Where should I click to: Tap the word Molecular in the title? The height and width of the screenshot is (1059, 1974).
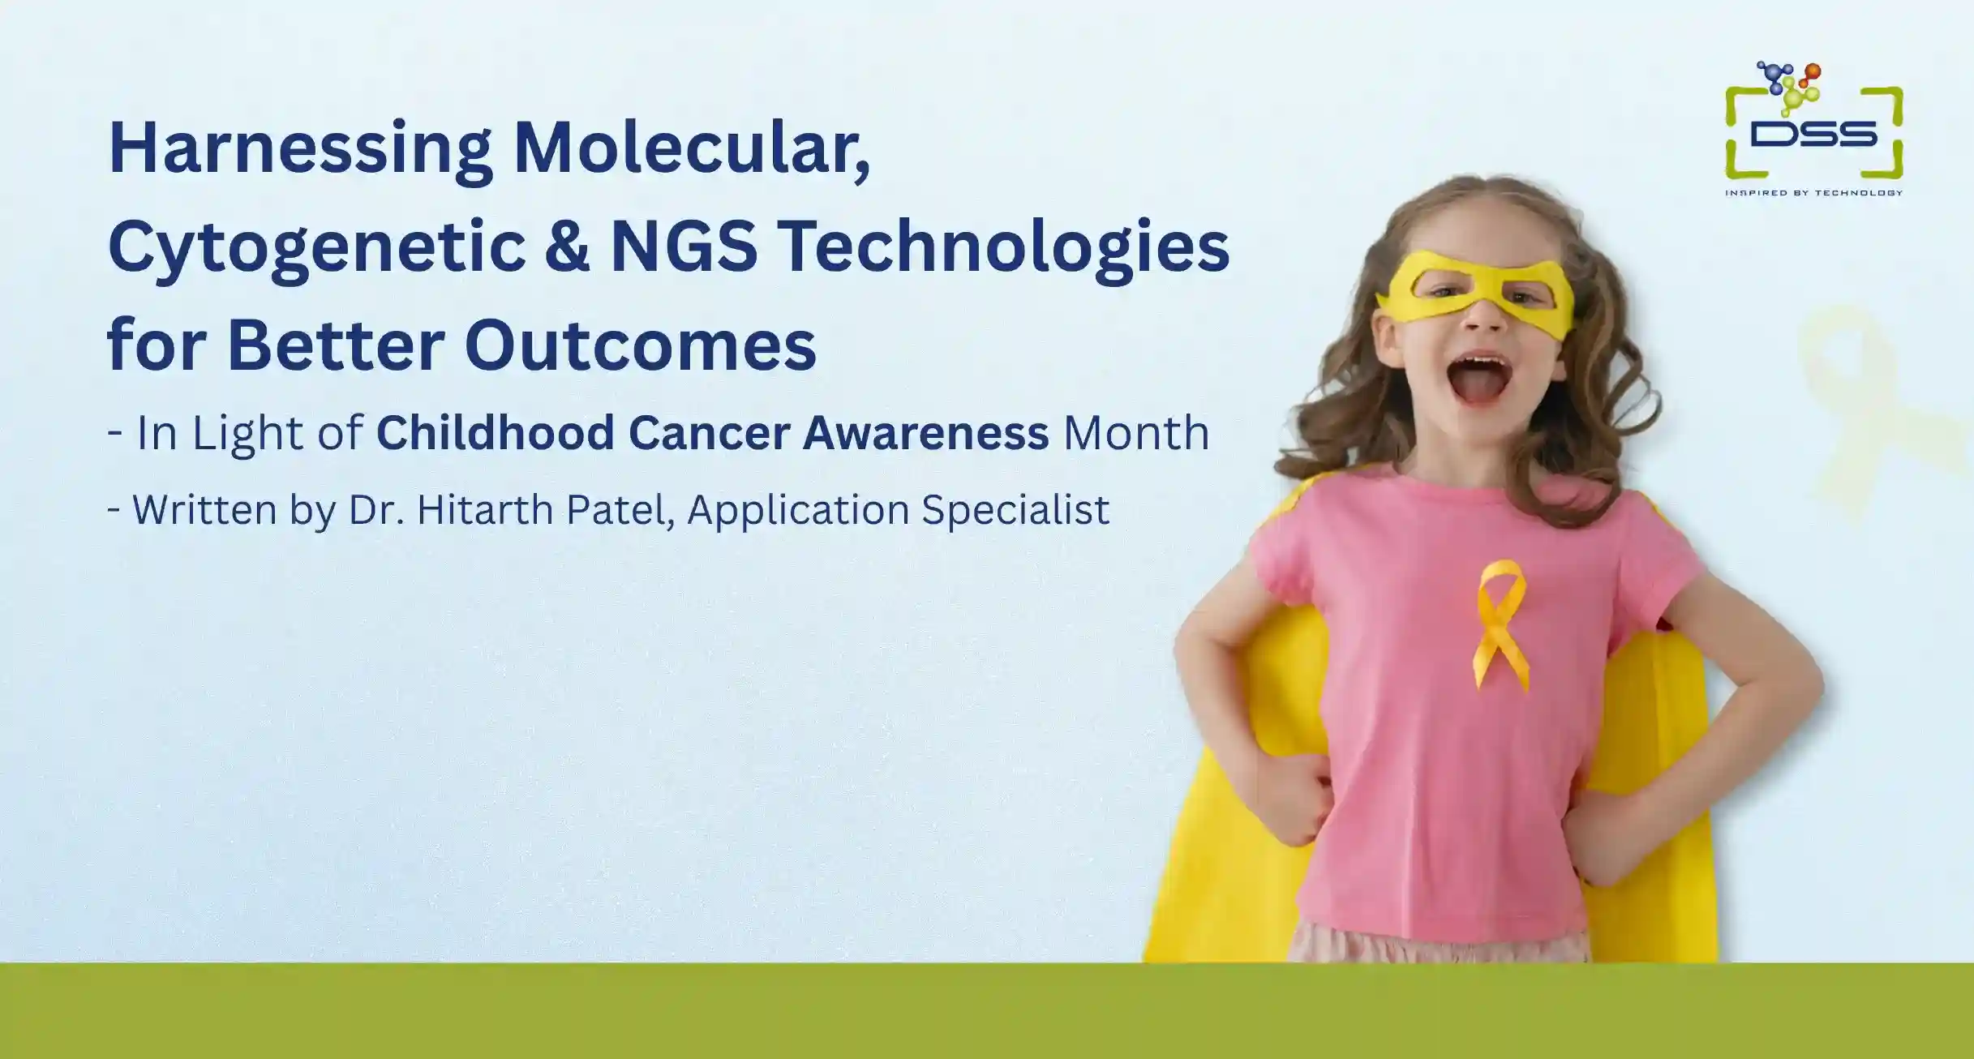[692, 149]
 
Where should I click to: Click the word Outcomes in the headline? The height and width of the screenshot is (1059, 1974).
[641, 345]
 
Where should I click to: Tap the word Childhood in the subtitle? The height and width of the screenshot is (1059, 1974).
[495, 432]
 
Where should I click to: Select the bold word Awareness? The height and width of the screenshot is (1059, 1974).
[925, 433]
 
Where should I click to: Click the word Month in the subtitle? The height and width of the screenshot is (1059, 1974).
[1136, 433]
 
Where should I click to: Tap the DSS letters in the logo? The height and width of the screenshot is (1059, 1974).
[1813, 135]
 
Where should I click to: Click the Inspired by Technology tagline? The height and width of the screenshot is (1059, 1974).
[1813, 193]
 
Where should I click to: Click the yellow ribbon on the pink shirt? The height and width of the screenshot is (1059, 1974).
[1500, 625]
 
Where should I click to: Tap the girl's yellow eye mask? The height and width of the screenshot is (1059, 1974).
[1474, 296]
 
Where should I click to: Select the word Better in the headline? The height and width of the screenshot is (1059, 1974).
[336, 345]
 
